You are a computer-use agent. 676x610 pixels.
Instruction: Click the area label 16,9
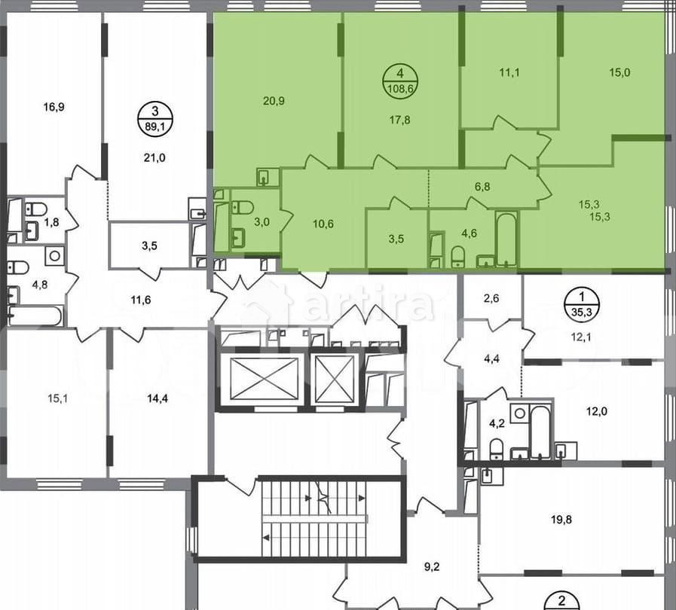point(54,107)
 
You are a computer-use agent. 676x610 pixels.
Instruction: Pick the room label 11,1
point(511,73)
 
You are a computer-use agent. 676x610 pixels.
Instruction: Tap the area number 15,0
point(620,73)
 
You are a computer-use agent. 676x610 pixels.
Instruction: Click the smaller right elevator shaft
point(334,379)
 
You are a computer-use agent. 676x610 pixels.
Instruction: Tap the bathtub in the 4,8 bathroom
point(34,316)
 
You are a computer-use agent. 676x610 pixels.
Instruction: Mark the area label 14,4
point(157,398)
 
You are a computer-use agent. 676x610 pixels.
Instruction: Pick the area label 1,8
point(51,223)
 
